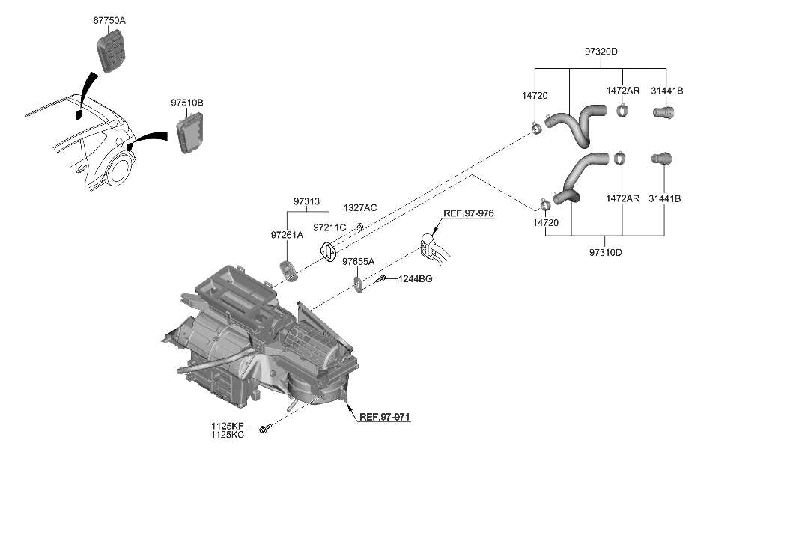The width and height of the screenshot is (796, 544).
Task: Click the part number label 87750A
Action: [109, 21]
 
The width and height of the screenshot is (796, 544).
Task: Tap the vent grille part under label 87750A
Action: [111, 52]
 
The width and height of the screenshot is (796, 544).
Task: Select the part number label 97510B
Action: [186, 103]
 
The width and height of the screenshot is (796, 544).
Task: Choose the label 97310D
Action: [604, 252]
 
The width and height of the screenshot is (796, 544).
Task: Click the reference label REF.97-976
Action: [468, 213]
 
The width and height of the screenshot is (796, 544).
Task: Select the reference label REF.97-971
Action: [385, 417]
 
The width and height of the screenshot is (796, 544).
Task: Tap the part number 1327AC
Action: [360, 207]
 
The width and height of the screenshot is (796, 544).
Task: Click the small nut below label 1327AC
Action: [359, 225]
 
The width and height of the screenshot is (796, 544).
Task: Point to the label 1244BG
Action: [415, 279]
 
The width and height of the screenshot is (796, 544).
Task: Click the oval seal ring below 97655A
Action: [358, 284]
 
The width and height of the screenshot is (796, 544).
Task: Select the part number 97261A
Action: [287, 235]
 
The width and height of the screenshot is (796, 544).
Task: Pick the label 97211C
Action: [329, 227]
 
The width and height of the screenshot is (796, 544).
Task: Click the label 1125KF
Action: [227, 426]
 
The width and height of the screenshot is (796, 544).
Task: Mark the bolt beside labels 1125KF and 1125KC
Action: [264, 430]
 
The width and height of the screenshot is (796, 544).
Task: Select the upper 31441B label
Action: [666, 91]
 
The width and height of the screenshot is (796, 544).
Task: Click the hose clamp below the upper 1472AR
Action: [621, 111]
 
